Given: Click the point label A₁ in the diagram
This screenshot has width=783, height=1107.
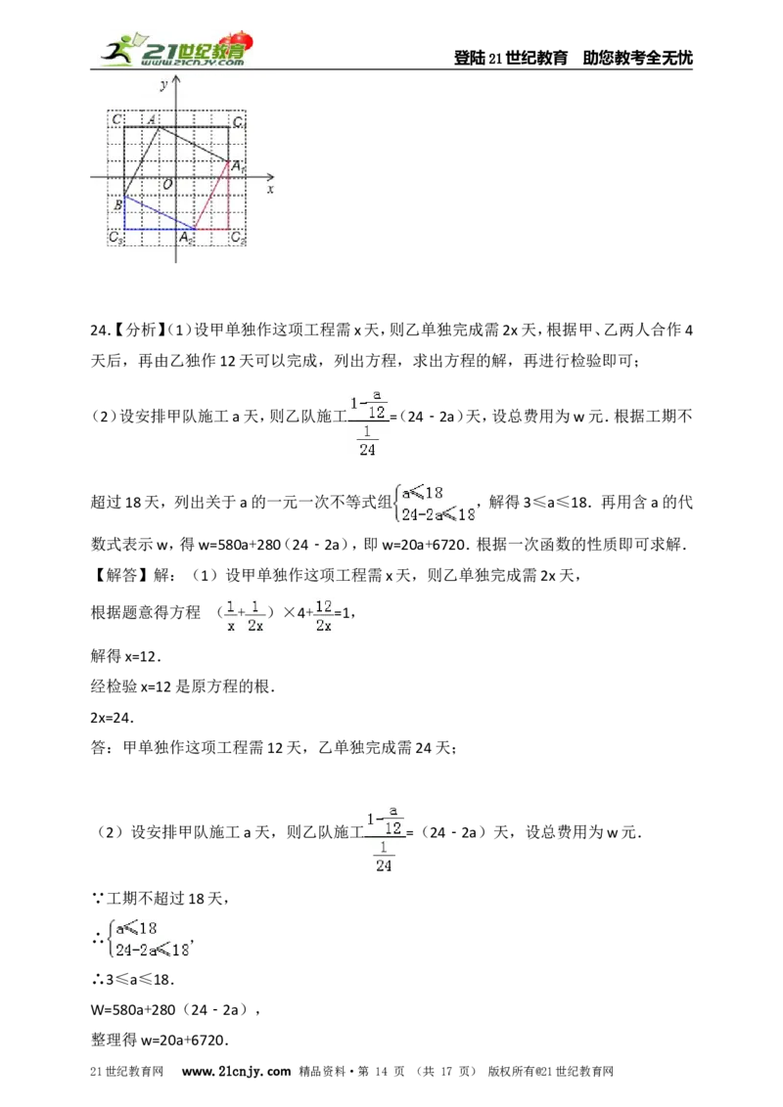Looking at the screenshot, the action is coord(237,166).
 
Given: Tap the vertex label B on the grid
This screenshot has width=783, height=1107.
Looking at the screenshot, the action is coord(117,205).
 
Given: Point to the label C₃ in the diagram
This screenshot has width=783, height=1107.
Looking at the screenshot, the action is coord(115,238).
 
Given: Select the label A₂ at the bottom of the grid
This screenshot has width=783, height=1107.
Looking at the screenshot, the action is coord(185,238).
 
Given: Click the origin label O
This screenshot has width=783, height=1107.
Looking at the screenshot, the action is coord(167,184).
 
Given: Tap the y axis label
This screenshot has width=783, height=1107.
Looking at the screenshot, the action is coord(164,85).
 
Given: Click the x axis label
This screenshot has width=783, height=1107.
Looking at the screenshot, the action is coord(270,189).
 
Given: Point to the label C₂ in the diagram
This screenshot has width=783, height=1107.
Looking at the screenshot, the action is coord(238,238).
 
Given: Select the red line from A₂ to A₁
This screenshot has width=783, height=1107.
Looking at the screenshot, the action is coord(211,196).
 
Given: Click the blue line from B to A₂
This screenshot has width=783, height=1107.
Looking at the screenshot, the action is coord(159,212).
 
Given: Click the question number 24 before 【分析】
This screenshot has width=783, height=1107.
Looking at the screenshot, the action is coord(99,330).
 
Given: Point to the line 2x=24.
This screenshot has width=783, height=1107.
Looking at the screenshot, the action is coord(112,717).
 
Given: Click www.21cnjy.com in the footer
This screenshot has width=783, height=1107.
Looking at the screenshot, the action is coord(236,1071).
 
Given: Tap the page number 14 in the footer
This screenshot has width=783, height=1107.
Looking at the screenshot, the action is coord(381,1071).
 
